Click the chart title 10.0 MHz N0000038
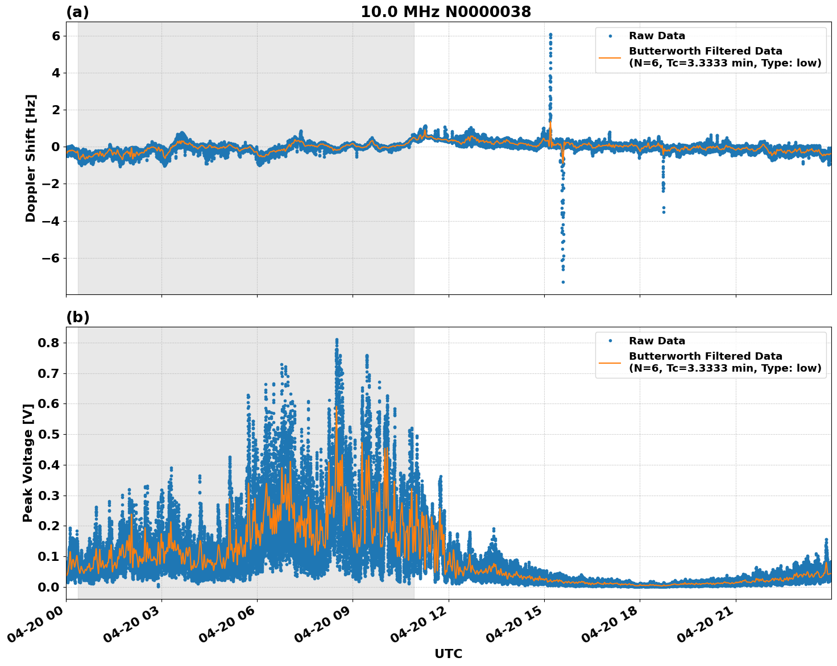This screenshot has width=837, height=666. click(x=446, y=12)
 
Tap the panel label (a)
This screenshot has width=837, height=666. click(x=77, y=12)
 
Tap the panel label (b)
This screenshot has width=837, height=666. click(x=77, y=317)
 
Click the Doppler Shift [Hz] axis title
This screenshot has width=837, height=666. click(x=31, y=158)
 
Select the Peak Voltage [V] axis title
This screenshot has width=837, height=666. click(x=28, y=462)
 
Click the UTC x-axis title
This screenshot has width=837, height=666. click(x=448, y=653)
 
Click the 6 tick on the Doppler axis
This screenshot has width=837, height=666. click(x=56, y=36)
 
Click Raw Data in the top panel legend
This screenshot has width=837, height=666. click(x=657, y=36)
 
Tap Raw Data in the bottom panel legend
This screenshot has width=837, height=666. click(x=657, y=341)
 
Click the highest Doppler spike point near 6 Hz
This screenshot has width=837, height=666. click(x=550, y=35)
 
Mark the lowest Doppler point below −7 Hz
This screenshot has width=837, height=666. click(x=563, y=282)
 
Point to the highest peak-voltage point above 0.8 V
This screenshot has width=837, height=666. click(x=337, y=340)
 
